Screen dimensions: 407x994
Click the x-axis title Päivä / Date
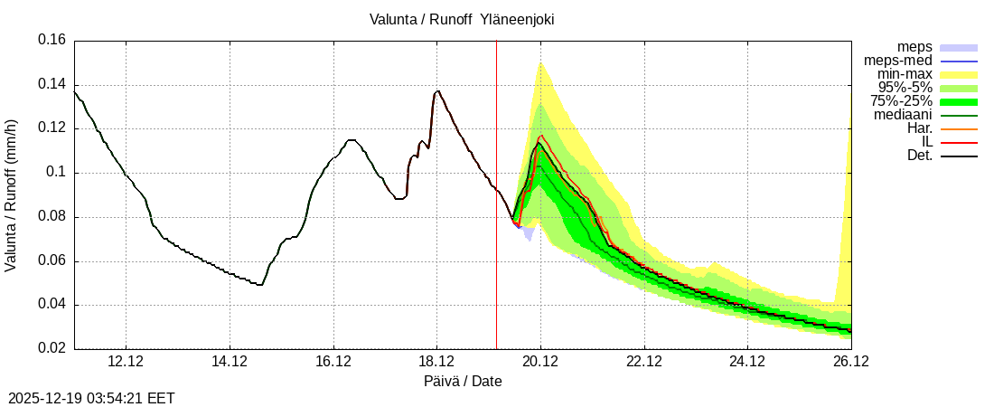coord(463,381)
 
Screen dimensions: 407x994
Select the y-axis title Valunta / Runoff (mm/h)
coord(12,194)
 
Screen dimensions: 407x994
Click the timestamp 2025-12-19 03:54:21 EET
coord(91,398)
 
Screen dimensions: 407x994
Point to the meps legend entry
coord(914,47)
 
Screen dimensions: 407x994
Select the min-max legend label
coord(905,74)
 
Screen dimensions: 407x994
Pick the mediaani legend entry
coord(903,115)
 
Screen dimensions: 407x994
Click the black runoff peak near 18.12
coord(438,90)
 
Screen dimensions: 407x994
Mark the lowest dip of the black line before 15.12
coord(260,285)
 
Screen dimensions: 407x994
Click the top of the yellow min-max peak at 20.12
coord(540,63)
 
